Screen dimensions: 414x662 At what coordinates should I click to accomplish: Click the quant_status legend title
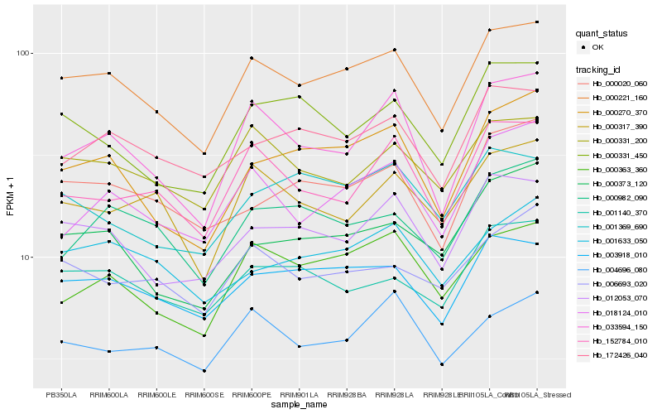click(x=602, y=33)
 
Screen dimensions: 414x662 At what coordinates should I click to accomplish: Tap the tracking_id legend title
click(x=599, y=70)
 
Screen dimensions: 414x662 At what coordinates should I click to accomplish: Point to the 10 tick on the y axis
click(x=25, y=258)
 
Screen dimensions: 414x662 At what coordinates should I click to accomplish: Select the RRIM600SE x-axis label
click(x=204, y=395)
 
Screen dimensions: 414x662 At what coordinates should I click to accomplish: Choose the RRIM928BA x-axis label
click(x=347, y=395)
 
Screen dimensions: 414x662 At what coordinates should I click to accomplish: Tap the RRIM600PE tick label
click(x=252, y=395)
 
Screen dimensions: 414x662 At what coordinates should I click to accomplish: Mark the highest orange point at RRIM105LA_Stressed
click(x=537, y=22)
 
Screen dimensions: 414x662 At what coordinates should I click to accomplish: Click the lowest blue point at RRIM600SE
click(x=204, y=371)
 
